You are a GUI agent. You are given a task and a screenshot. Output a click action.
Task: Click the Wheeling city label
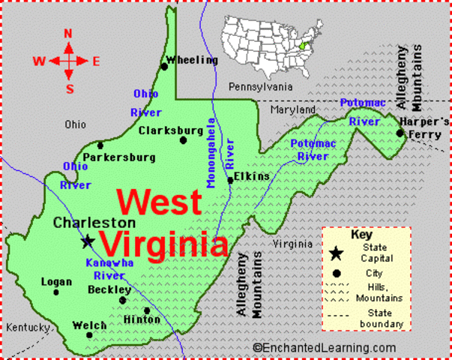[192, 60]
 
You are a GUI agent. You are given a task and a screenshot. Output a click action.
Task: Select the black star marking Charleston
[88, 241]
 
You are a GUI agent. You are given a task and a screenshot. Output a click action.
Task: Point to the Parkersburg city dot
[100, 145]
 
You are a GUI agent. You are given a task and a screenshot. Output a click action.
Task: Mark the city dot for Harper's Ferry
[400, 133]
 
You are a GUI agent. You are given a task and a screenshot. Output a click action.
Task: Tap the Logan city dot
[56, 292]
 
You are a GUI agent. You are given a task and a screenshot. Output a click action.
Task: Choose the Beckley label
[109, 289]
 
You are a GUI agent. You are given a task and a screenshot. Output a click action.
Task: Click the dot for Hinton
[147, 310]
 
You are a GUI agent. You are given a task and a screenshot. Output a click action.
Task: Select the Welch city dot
[89, 334]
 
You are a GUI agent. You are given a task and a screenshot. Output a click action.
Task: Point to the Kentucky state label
[28, 328]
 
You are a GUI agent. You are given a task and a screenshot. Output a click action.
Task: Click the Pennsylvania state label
[260, 86]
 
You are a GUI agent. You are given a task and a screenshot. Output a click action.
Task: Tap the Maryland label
[293, 109]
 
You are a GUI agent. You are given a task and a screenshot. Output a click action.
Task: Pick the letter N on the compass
[68, 33]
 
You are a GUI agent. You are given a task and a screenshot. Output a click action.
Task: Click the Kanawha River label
[109, 269]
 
